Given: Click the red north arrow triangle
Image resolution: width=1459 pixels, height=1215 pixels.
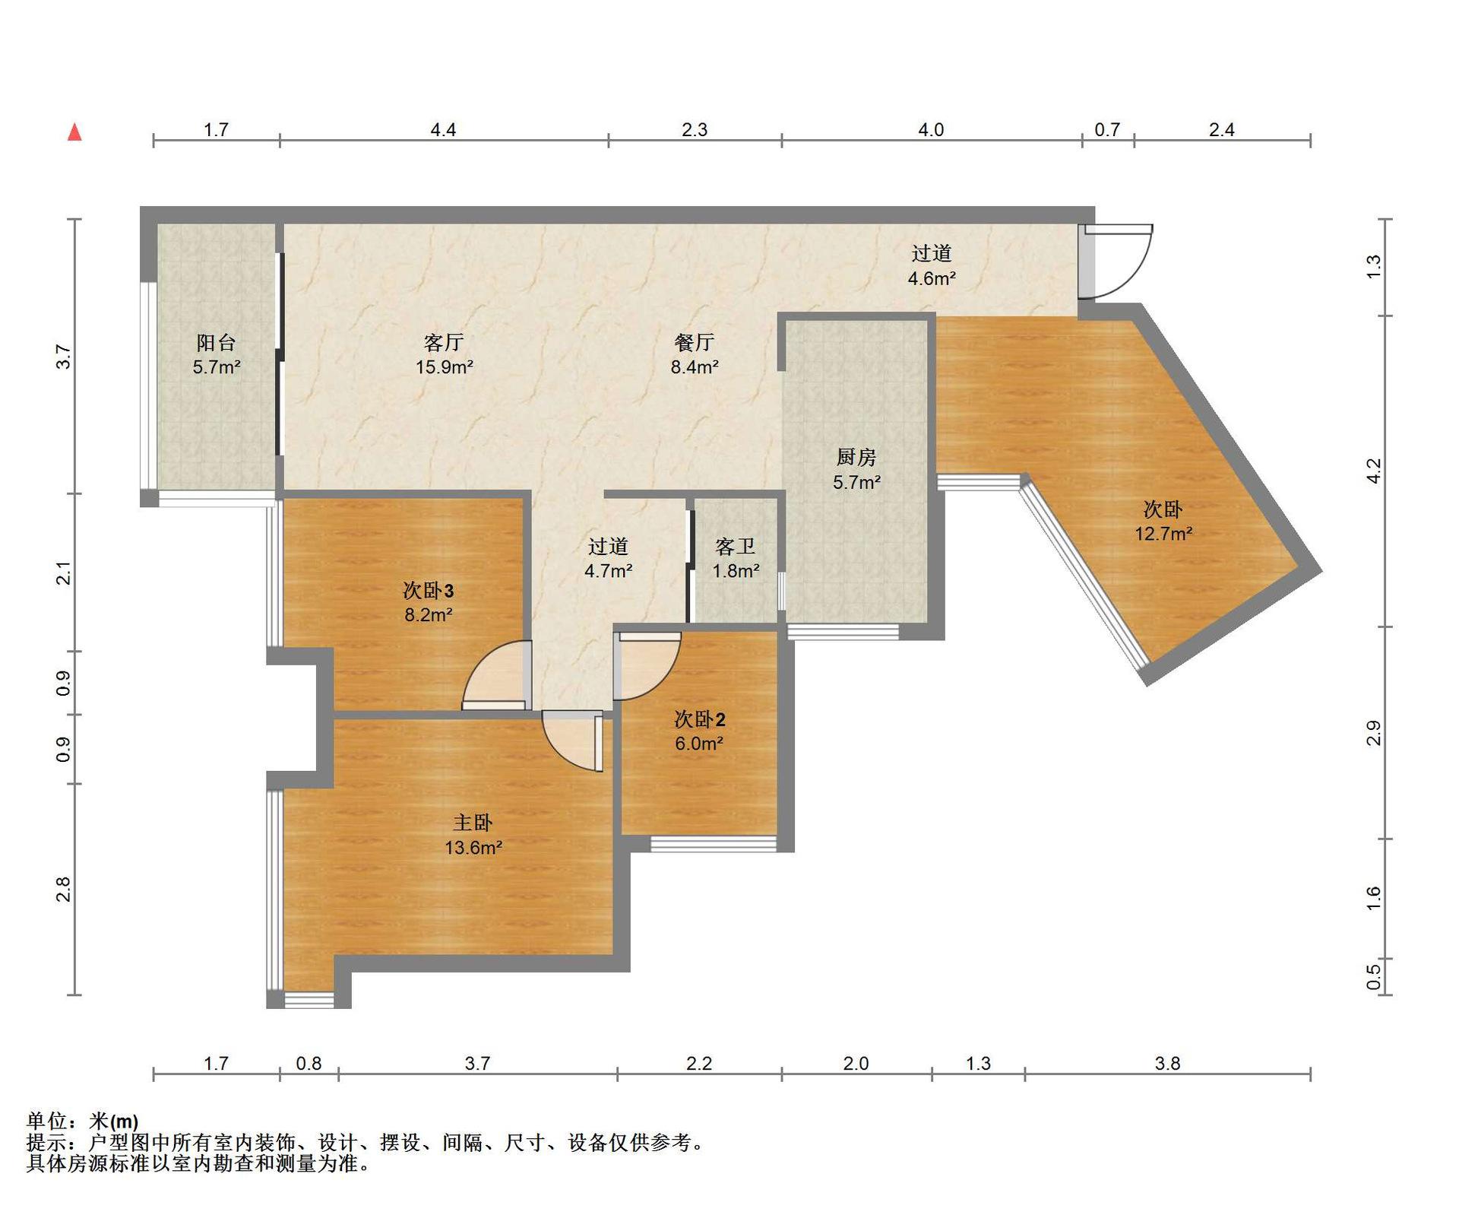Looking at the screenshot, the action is pos(74,132).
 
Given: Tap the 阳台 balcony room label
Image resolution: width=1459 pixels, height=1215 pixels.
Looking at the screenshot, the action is pos(217,342).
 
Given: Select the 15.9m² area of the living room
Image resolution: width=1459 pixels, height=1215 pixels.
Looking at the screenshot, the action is pos(445,367).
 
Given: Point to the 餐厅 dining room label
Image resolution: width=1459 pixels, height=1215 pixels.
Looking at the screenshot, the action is pos(695,342).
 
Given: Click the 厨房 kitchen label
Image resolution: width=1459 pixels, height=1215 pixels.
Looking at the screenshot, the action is pos(856,457).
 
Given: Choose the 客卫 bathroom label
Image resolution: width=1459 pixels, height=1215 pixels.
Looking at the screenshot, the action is pos(736,546).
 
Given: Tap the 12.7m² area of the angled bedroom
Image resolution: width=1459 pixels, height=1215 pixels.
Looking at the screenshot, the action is pos(1163,534).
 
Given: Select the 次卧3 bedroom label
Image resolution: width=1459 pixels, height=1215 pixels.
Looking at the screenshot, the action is pos(429,590).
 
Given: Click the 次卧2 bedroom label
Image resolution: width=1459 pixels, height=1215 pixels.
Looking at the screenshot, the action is pos(700,719).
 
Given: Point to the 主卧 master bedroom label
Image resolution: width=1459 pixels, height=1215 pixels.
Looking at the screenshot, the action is pos(473,823).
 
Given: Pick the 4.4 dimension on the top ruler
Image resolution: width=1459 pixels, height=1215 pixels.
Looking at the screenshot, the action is pos(443,130).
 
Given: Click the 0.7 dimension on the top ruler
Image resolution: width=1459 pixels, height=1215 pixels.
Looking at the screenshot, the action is pos(1107,130).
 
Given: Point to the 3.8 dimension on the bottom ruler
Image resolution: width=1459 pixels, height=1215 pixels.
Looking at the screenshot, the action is pos(1167,1063).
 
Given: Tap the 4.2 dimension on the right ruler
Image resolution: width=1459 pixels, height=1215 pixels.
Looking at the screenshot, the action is pos(1374,471).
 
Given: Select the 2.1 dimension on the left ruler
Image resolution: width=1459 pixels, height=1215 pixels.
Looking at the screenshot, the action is pos(64,573).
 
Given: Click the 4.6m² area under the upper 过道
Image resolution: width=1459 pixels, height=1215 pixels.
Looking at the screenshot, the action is pos(932,278).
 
